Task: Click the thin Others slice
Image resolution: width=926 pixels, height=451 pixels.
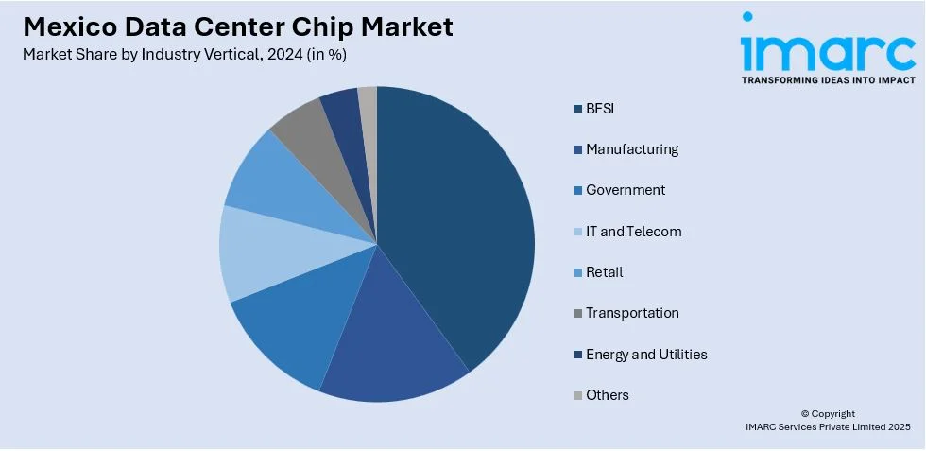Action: pyautogui.click(x=369, y=109)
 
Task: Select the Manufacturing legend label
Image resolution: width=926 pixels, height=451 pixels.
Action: pyautogui.click(x=631, y=149)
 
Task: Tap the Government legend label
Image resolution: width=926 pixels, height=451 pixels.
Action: pyautogui.click(x=625, y=190)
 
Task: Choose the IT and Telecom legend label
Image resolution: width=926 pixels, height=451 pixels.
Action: pyautogui.click(x=633, y=232)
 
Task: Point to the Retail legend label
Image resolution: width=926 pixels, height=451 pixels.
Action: pyautogui.click(x=604, y=272)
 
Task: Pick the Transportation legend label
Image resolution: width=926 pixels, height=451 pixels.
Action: pyautogui.click(x=632, y=313)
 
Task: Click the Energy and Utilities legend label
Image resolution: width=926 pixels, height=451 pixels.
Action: pyautogui.click(x=646, y=355)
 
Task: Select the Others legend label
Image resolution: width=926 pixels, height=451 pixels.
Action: pyautogui.click(x=607, y=395)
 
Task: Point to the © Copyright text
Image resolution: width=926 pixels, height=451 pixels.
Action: pyautogui.click(x=828, y=414)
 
